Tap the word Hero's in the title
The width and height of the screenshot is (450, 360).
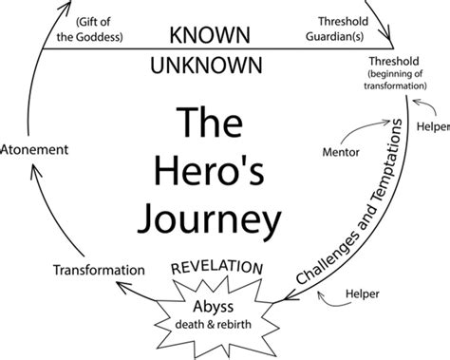click(219, 170)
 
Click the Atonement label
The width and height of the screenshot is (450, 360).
click(35, 150)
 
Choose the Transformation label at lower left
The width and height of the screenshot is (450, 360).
click(98, 269)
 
